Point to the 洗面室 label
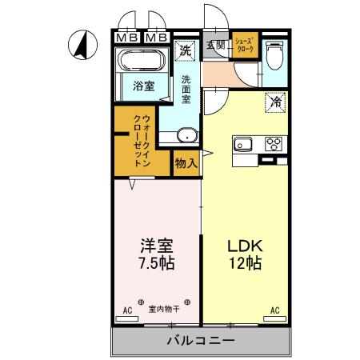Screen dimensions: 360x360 [185, 90]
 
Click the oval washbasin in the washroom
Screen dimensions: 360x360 [186, 135]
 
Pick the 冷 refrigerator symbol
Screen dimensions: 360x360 [274, 102]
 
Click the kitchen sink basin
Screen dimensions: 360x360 [243, 145]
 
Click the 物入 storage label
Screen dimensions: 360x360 [186, 162]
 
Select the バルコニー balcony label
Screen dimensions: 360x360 [200, 341]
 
